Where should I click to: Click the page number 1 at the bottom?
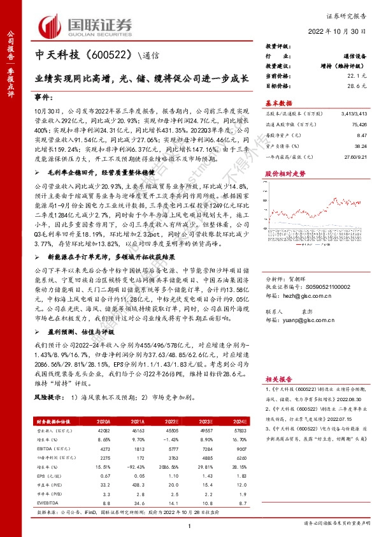click(190, 525)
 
